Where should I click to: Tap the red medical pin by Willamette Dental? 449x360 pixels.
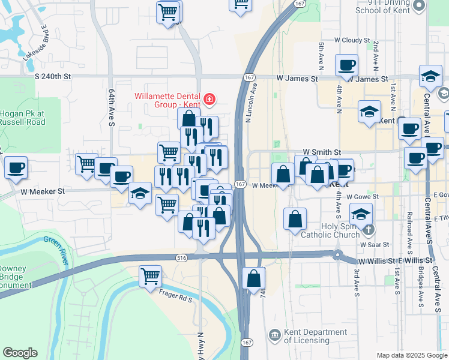209,100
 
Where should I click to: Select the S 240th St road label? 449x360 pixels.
53,77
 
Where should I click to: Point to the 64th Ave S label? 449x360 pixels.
112,108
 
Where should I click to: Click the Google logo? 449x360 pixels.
20,353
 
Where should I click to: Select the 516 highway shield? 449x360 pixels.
181,257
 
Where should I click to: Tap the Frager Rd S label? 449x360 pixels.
175,295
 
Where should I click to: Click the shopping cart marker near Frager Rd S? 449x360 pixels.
150,277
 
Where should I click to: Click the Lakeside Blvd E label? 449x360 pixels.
35,43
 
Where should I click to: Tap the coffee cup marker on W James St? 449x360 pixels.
346,65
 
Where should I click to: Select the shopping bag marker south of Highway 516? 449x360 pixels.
254,278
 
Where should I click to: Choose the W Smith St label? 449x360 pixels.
322,152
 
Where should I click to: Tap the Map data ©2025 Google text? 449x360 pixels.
412,355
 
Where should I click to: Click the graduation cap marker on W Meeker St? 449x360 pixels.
140,193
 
